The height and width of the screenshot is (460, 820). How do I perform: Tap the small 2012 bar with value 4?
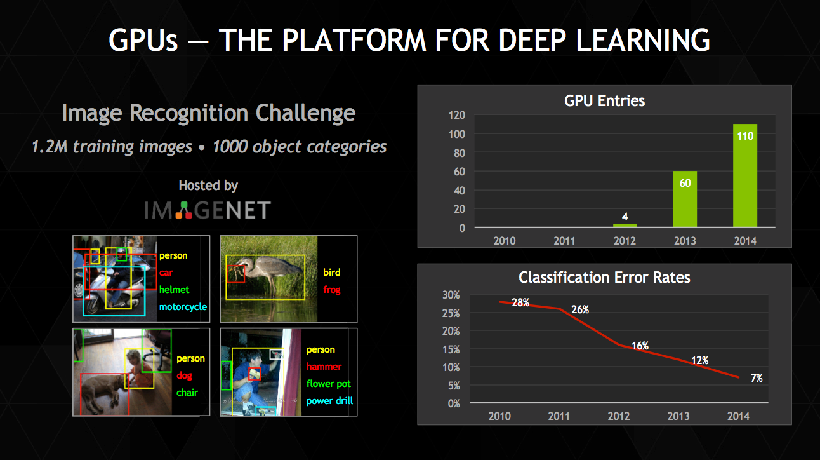625,225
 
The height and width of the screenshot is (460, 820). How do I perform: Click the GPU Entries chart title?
604,100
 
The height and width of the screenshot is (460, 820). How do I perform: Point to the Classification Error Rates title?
604,278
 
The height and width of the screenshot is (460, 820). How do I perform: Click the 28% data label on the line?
520,302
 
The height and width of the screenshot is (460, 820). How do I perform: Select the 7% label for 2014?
757,378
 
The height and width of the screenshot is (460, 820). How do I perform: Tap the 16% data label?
640,346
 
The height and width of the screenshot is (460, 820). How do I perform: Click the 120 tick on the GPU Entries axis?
457,115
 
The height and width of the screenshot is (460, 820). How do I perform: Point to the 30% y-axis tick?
451,295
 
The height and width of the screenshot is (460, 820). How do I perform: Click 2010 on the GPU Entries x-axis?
504,241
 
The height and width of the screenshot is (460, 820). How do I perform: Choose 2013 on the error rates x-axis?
678,416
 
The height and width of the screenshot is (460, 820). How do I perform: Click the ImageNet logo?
208,210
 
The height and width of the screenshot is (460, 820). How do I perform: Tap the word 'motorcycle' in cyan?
183,307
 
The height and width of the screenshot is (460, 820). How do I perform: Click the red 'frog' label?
331,290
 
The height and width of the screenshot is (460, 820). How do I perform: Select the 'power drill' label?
329,401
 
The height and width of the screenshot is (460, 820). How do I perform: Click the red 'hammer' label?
324,367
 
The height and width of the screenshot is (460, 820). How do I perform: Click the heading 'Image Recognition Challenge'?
209,113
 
